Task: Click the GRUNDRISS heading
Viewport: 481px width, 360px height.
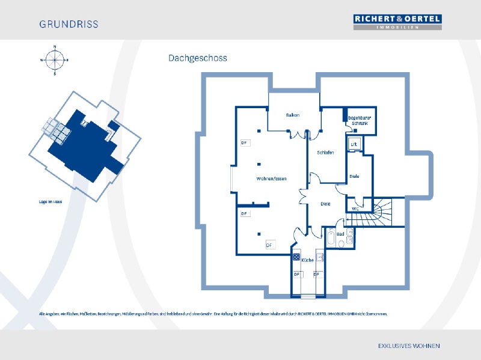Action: pos(69,25)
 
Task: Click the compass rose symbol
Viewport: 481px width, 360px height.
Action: pos(54,59)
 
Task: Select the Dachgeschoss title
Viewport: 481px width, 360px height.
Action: pos(197,58)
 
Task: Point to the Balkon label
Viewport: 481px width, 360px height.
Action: pos(293,115)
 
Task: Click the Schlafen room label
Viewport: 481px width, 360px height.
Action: pos(325,153)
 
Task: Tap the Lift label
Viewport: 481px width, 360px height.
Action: pos(354,144)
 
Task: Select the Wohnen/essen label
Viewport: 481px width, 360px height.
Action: pos(271,178)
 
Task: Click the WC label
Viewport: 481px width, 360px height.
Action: pos(355,209)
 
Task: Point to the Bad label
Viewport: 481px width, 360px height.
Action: pos(340,233)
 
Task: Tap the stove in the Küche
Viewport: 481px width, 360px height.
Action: pos(296,257)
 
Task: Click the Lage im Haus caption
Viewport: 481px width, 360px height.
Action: pos(51,202)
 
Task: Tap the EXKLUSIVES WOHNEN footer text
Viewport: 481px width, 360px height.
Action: pos(409,346)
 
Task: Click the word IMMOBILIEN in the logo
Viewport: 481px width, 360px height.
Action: pos(397,27)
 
